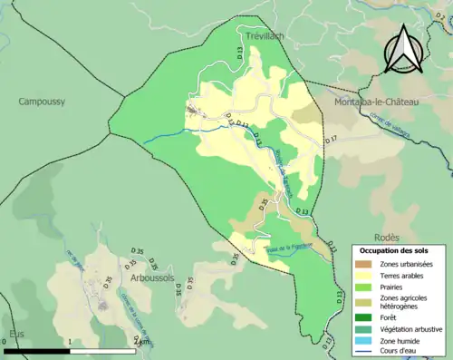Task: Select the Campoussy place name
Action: point(42,102)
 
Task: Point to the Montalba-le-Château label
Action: point(377,102)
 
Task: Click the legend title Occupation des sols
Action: point(400,249)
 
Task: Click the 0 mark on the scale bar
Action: point(5,342)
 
